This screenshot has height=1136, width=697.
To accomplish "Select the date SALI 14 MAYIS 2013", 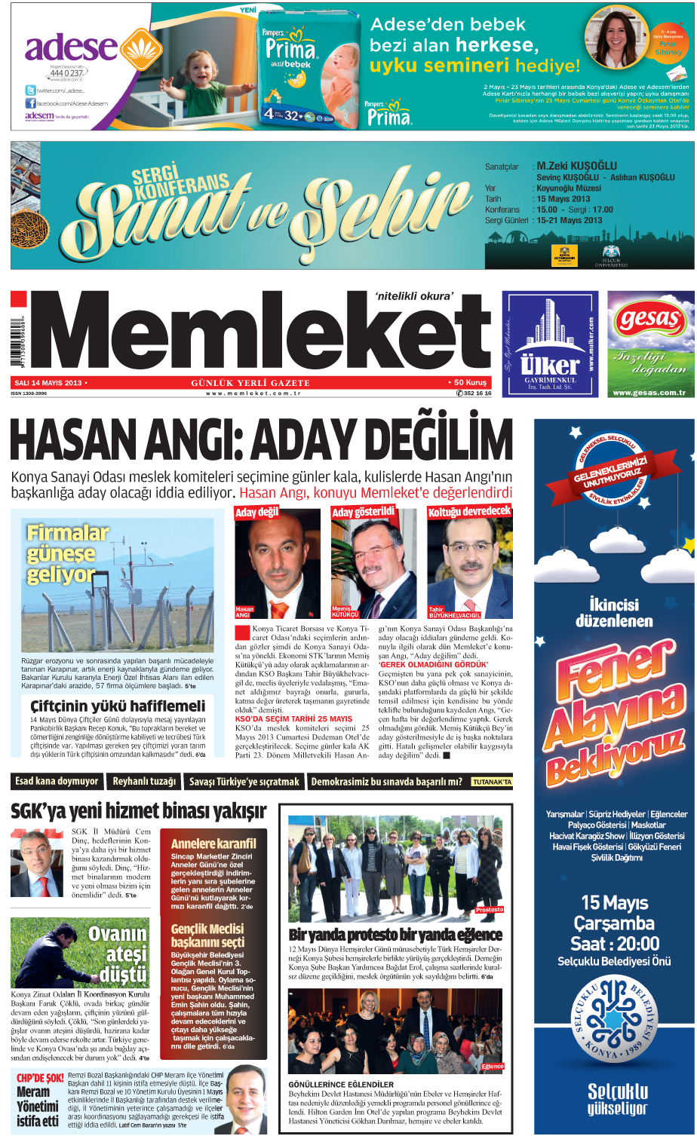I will tap(48, 383).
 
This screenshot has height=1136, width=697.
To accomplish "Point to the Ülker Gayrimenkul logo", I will tap(550, 344).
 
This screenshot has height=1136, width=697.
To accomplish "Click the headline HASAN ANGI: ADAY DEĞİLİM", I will tap(261, 440).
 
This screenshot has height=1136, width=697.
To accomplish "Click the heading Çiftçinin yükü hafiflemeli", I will tap(117, 706).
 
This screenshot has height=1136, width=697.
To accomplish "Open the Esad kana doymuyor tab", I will tap(57, 782).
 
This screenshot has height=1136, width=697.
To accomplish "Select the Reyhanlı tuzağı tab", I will tap(144, 782).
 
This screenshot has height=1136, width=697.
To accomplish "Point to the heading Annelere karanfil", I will tap(213, 844).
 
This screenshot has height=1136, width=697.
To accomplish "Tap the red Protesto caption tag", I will tap(489, 910).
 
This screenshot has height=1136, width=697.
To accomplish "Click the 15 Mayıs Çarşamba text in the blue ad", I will tap(614, 913).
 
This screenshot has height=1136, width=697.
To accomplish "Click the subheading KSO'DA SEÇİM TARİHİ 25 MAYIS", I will tap(283, 719).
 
